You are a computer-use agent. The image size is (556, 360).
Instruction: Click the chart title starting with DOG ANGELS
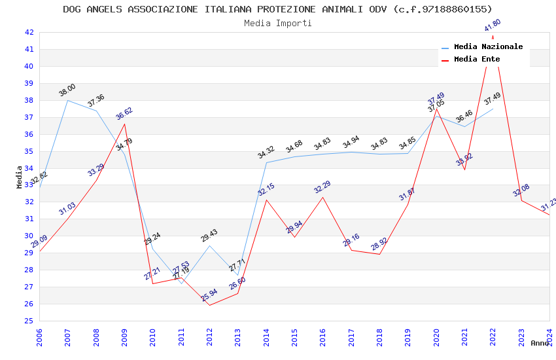tap(277, 9)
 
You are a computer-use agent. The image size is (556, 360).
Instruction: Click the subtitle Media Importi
tap(277, 24)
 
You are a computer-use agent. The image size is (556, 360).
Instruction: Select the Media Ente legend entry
tap(477, 60)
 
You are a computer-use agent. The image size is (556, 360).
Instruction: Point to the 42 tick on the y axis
tap(29, 32)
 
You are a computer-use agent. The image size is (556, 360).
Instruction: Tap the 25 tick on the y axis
tap(29, 321)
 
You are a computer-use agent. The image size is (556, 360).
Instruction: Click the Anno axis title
tap(540, 343)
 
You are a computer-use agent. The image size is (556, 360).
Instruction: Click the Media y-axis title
tap(20, 177)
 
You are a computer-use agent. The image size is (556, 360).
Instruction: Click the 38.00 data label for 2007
tap(67, 90)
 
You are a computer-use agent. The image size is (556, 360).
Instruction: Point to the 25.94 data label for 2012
tap(209, 295)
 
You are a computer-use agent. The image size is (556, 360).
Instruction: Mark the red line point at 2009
tap(124, 124)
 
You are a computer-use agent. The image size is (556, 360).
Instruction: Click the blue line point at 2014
tap(266, 162)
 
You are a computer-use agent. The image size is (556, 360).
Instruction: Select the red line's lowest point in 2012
tap(209, 305)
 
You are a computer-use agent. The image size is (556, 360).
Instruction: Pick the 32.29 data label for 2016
tap(322, 187)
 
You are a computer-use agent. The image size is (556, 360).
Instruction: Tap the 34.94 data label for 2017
tap(351, 142)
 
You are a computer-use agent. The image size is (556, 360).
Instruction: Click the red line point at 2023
tap(521, 200)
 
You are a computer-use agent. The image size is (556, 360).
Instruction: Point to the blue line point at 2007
tap(67, 100)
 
